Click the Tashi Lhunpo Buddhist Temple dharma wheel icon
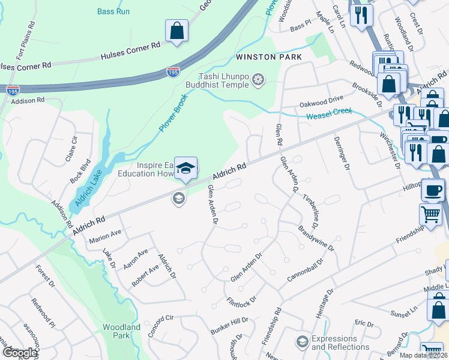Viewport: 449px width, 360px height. pyautogui.click(x=258, y=80)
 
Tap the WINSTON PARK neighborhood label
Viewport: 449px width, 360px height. pyautogui.click(x=269, y=57)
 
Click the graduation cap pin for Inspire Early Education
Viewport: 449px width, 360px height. pyautogui.click(x=186, y=169)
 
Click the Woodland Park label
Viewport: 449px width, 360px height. pyautogui.click(x=121, y=331)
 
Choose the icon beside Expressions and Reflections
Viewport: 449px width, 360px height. pyautogui.click(x=302, y=342)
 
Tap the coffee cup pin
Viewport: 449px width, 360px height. pyautogui.click(x=432, y=191)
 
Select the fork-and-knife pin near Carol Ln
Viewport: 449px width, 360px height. pyautogui.click(x=360, y=15)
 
